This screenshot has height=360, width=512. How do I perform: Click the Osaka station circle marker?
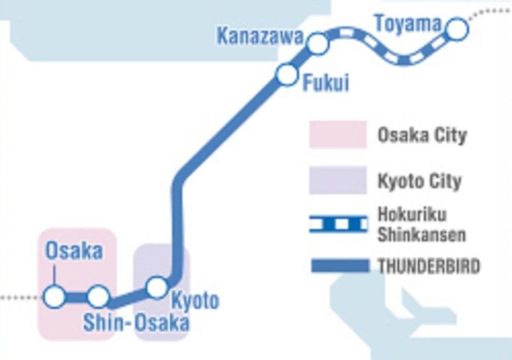tap(54, 297)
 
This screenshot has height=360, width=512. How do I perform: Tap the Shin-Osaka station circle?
tap(98, 297)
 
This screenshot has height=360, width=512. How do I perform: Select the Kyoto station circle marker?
tap(157, 287)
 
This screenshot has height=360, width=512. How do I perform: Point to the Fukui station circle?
tap(286, 74)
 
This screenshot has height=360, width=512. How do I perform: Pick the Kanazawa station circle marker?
tap(318, 43)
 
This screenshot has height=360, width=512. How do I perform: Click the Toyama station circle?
tap(456, 28)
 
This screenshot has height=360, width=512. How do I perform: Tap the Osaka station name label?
tap(74, 251)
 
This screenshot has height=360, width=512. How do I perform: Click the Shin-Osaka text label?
tap(136, 323)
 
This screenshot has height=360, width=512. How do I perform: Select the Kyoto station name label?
tap(195, 300)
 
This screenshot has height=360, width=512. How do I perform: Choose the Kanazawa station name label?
tap(259, 36)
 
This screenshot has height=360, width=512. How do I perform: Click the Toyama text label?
tap(408, 24)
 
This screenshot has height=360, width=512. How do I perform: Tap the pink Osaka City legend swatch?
tap(338, 135)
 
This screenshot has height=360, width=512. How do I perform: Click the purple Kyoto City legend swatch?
tap(338, 180)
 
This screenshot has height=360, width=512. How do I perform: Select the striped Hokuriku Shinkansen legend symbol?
tap(338, 224)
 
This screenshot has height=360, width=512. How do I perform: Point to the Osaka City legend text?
tap(422, 136)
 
